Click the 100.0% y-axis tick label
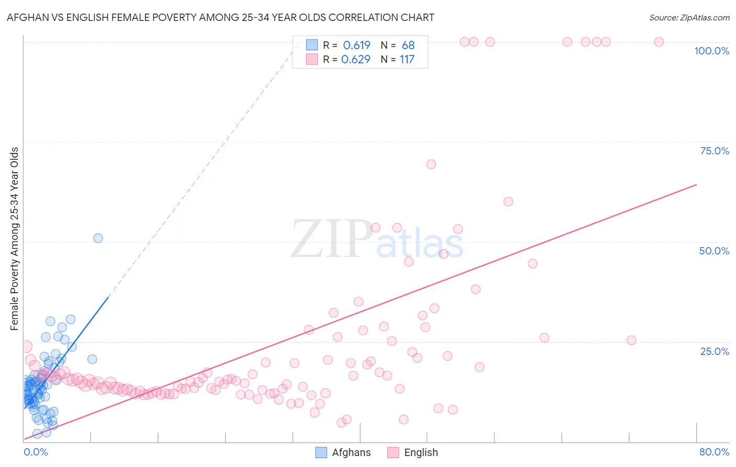click(x=711, y=51)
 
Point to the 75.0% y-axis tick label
click(x=715, y=151)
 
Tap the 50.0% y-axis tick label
click(x=714, y=251)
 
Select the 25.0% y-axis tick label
click(x=715, y=351)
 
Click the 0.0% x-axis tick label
click(x=36, y=452)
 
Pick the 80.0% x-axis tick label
click(x=714, y=452)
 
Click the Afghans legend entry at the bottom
click(x=343, y=452)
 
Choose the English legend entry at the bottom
click(x=413, y=452)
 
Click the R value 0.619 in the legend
click(x=356, y=46)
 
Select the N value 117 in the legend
click(x=407, y=60)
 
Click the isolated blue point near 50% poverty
click(x=98, y=238)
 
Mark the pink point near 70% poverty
click(x=431, y=164)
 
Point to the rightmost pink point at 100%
click(x=659, y=42)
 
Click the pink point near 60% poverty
click(x=508, y=202)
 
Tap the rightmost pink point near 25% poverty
click(x=631, y=340)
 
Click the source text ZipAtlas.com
click(x=689, y=18)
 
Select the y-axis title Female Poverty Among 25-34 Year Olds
click(x=15, y=239)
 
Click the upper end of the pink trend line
click(x=696, y=184)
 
